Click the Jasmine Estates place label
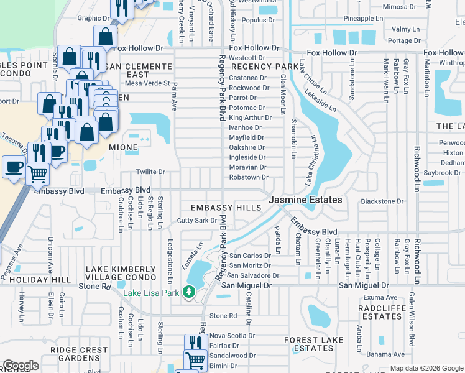305,200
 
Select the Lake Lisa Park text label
151,293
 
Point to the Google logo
21,366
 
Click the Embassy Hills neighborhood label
225,207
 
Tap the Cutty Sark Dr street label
196,220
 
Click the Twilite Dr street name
150,172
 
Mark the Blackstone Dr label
382,201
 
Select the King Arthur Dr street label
247,117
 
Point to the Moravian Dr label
247,167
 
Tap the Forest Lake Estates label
309,344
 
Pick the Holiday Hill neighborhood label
35,280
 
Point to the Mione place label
122,148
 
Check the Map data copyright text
426,368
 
